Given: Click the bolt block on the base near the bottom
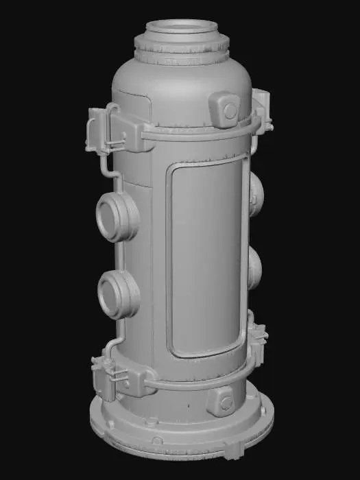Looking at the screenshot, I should click(223, 401).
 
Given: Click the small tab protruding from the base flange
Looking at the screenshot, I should click(232, 450).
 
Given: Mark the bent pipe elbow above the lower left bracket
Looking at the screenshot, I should click(114, 343).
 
